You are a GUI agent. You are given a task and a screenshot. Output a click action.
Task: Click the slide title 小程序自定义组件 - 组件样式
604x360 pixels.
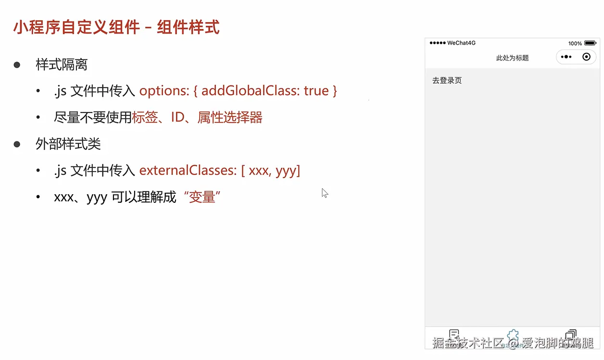click(x=116, y=27)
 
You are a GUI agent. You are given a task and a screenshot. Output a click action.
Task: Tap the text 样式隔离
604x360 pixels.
click(x=62, y=65)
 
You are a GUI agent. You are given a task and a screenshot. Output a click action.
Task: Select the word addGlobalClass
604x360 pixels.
click(x=250, y=90)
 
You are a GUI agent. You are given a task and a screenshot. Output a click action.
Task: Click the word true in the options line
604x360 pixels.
click(x=316, y=91)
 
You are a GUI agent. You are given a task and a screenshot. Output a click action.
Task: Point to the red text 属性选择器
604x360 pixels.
click(x=230, y=117)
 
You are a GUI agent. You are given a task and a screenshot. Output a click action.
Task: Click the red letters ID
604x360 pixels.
click(x=178, y=117)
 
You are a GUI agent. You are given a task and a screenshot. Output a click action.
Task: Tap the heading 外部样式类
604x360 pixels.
click(x=68, y=144)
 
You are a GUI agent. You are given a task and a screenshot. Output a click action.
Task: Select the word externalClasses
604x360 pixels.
click(x=188, y=170)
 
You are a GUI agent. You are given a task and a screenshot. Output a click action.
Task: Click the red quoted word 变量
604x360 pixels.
click(x=202, y=197)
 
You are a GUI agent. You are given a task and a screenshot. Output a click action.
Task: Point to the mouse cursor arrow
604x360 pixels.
click(x=325, y=193)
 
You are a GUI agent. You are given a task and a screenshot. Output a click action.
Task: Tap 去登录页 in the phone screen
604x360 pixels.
click(x=447, y=81)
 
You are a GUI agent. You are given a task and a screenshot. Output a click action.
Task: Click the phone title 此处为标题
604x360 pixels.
click(x=512, y=58)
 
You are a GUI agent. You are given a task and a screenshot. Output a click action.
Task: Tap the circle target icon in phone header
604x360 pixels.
click(x=586, y=57)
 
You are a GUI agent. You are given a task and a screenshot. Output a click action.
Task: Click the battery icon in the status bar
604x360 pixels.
click(x=590, y=43)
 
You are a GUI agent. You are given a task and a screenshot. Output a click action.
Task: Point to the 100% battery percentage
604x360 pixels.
click(x=575, y=43)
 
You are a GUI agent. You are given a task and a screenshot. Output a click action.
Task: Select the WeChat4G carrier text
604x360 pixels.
click(x=461, y=43)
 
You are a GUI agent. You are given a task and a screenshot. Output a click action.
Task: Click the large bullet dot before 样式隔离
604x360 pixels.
click(x=17, y=65)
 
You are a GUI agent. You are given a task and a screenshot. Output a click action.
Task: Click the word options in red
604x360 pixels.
click(x=164, y=91)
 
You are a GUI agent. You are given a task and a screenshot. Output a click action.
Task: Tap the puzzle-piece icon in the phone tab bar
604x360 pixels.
click(x=513, y=335)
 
